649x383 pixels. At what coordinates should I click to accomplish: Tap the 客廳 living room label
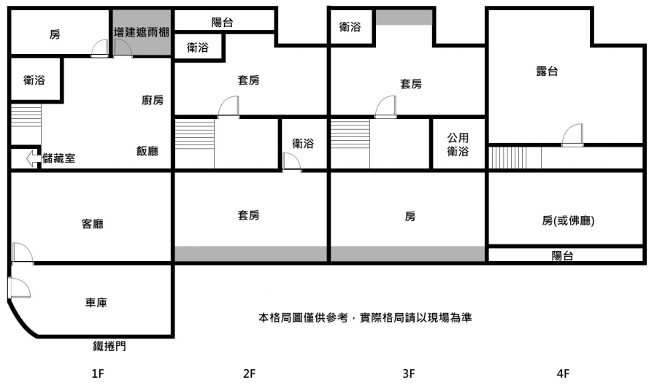[x=92, y=224]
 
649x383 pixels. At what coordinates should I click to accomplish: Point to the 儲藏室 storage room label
[x=59, y=158]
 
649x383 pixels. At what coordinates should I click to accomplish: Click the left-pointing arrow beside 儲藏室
[x=33, y=158]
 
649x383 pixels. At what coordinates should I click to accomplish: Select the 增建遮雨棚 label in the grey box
[x=142, y=33]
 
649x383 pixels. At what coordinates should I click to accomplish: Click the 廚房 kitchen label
[x=153, y=100]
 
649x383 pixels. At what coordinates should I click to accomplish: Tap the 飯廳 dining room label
[x=147, y=151]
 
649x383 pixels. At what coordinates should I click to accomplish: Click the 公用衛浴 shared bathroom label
[x=458, y=144]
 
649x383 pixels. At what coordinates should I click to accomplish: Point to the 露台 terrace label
[x=548, y=71]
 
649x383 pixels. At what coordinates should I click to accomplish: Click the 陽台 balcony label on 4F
[x=562, y=255]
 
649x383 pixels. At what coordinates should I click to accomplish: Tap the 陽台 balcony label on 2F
[x=222, y=22]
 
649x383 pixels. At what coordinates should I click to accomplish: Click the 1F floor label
[x=98, y=374]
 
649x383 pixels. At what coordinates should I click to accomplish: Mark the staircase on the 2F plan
[x=193, y=143]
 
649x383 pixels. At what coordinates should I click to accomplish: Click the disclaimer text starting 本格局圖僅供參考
[x=364, y=318]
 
